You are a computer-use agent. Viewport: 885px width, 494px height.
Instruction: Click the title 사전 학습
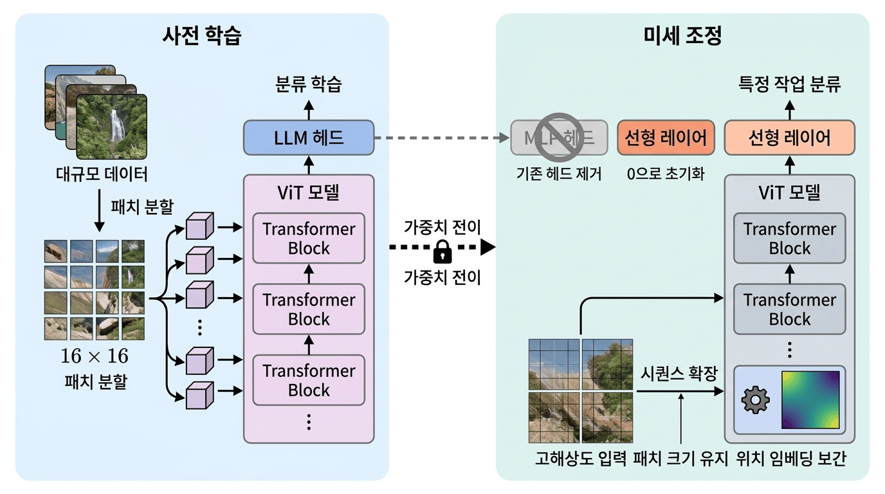tap(202, 36)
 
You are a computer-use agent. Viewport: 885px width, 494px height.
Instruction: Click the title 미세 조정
tap(682, 36)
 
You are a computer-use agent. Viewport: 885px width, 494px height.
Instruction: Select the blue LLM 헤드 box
tap(309, 137)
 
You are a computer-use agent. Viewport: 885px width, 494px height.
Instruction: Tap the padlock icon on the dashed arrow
tap(442, 252)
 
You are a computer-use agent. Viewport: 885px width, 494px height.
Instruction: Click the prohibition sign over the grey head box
tap(559, 136)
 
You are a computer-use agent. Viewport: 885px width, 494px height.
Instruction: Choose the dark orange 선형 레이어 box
tap(666, 137)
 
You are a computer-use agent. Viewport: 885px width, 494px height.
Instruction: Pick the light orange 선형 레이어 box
tap(790, 137)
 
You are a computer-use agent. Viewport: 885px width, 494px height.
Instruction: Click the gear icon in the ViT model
tap(755, 400)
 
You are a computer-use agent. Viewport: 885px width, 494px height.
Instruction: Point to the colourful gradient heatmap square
tap(810, 399)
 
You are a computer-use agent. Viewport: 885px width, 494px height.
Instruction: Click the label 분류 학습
tap(309, 84)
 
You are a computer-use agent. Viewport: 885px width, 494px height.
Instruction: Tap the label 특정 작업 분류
tap(790, 84)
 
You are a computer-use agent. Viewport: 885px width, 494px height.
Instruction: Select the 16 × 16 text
tap(95, 356)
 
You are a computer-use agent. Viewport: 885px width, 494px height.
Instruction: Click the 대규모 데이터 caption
tap(96, 174)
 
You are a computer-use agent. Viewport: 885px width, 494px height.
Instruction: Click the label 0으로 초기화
tap(666, 174)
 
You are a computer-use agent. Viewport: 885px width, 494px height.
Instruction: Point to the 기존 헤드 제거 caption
tap(559, 174)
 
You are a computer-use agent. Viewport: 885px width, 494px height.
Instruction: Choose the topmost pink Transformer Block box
tap(309, 238)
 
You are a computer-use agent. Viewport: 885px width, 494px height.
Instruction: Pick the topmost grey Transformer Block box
tap(790, 238)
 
